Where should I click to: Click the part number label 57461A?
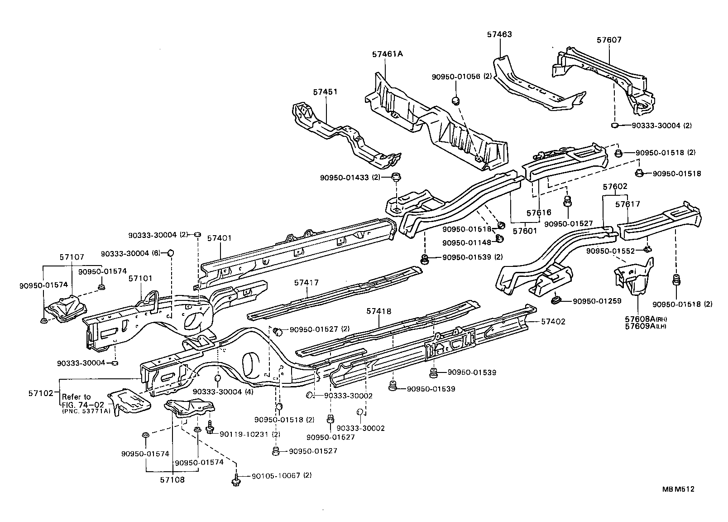tap(387, 54)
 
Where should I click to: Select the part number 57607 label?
tap(609, 39)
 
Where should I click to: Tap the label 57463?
tap(499, 34)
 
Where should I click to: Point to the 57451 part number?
tap(325, 92)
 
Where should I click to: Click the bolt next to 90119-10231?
tap(210, 426)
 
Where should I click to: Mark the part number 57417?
tap(307, 282)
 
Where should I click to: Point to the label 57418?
tap(379, 311)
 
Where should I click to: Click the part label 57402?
tap(553, 321)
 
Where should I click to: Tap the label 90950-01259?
tap(597, 301)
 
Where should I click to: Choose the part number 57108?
tap(173, 480)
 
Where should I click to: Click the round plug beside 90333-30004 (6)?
tap(171, 252)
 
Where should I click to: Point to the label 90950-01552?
tap(612, 251)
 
